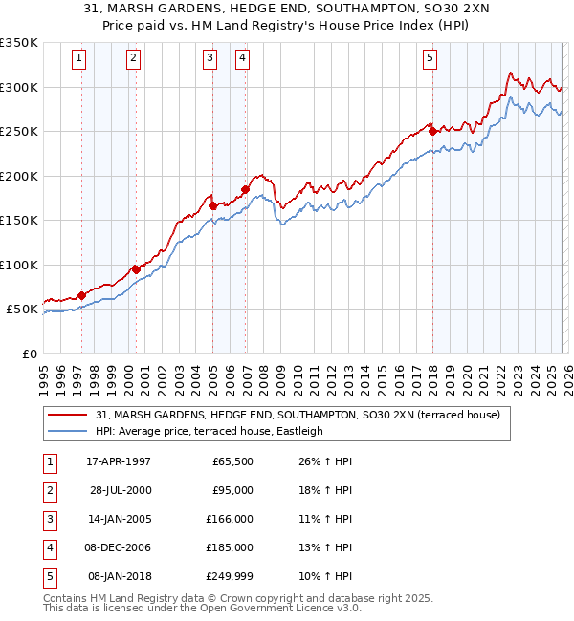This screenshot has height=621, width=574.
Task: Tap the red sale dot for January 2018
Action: (432, 131)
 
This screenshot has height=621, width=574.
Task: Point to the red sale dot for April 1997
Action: (81, 295)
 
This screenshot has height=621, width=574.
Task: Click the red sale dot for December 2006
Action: (245, 189)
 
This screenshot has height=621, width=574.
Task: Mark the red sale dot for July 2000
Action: (136, 268)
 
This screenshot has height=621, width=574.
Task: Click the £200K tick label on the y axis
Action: (19, 176)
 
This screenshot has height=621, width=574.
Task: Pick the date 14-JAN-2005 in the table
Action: (119, 519)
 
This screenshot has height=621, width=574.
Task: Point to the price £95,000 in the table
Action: (232, 490)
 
